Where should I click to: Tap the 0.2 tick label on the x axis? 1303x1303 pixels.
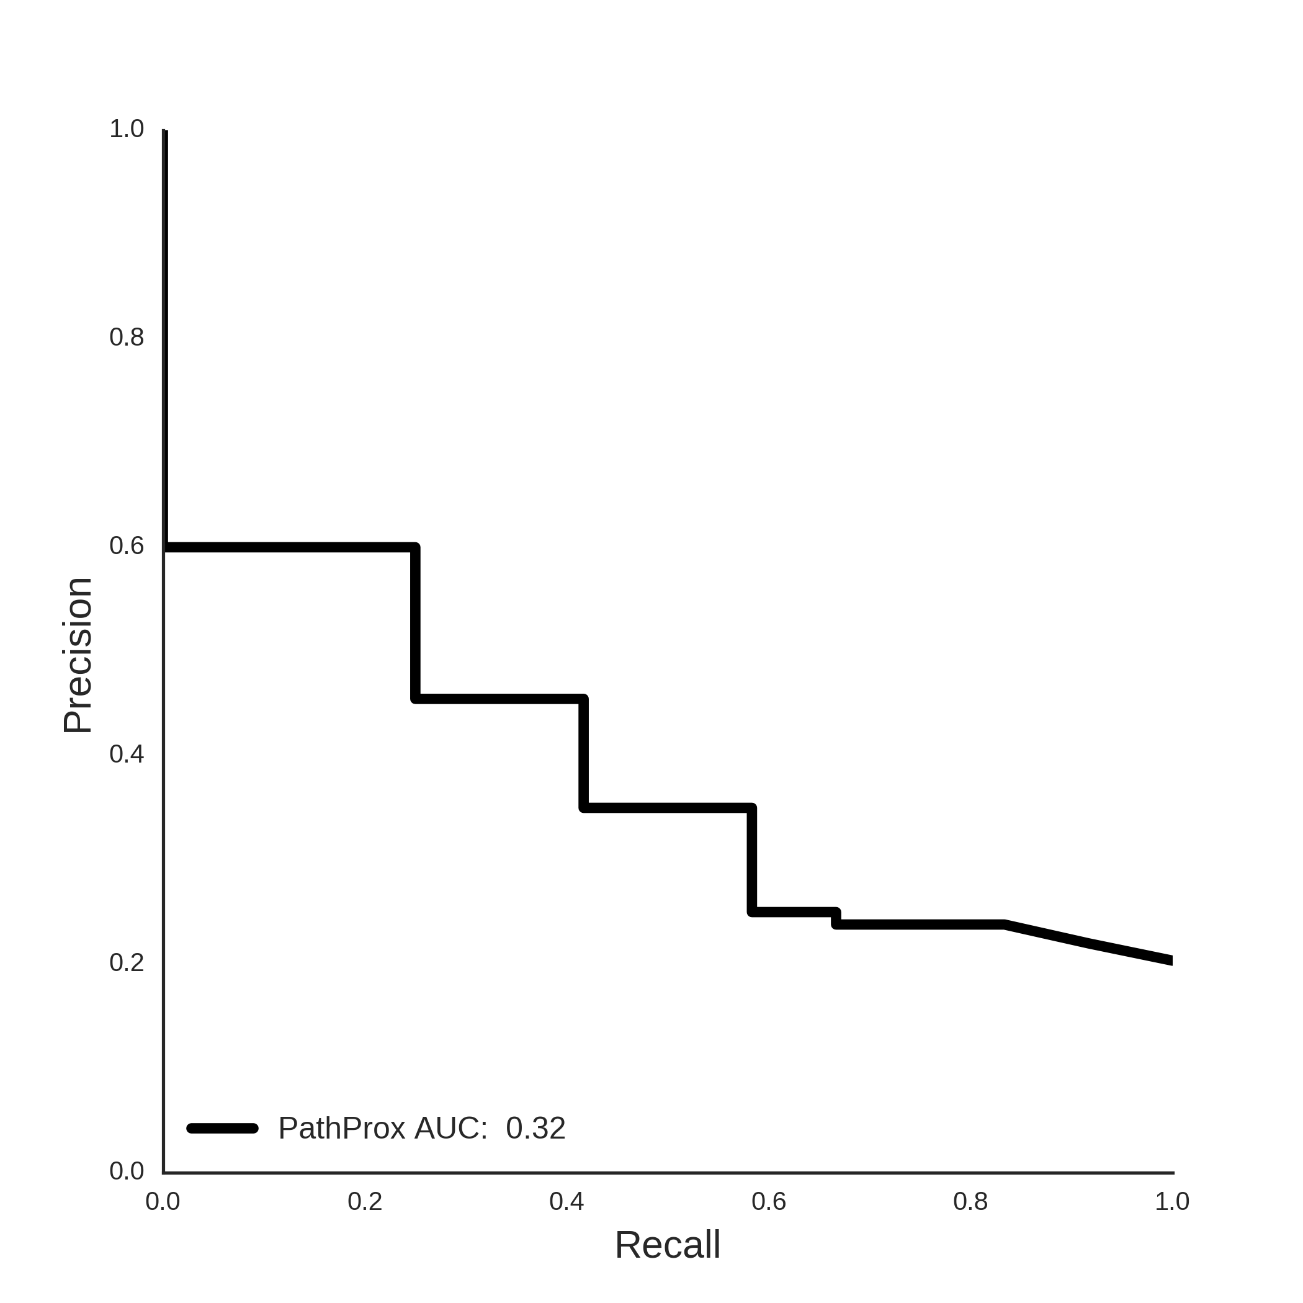coord(365,1201)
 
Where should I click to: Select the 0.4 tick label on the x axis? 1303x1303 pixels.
coord(566,1201)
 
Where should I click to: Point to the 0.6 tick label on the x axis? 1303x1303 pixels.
coord(769,1201)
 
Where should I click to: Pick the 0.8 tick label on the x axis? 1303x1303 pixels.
coord(970,1201)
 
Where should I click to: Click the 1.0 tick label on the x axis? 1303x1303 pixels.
coord(1172,1201)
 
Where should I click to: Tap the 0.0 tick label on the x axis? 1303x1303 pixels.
coord(163,1201)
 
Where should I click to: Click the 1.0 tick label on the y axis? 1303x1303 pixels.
coord(127,129)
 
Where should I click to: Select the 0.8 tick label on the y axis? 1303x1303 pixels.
coord(127,337)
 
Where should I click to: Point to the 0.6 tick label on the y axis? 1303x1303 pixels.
coord(127,545)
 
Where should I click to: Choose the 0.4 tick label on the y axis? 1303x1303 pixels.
coord(127,754)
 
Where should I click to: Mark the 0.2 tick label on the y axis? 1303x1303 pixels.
coord(127,962)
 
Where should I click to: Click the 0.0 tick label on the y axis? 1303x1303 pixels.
coord(127,1171)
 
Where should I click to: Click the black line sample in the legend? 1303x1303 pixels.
coord(223,1128)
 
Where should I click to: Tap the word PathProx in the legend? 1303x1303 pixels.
coord(342,1128)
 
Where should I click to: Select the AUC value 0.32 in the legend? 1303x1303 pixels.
coord(535,1128)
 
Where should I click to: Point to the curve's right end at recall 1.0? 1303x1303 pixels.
coord(1171,960)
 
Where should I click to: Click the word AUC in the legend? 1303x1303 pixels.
coord(450,1128)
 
